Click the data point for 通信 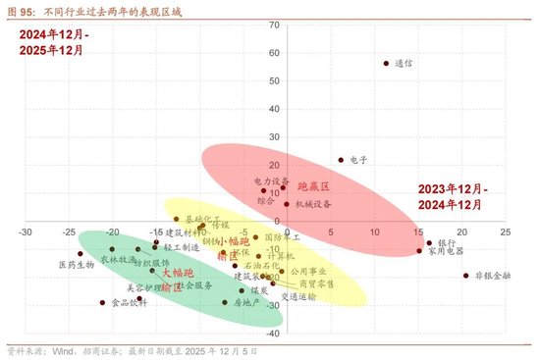point(386,64)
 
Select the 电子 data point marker point(341,160)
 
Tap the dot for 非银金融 point(465,276)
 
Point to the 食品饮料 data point point(102,303)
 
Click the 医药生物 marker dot point(81,254)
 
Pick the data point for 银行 point(429,242)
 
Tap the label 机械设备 point(313,204)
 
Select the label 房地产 point(247,303)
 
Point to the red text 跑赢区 point(313,185)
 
